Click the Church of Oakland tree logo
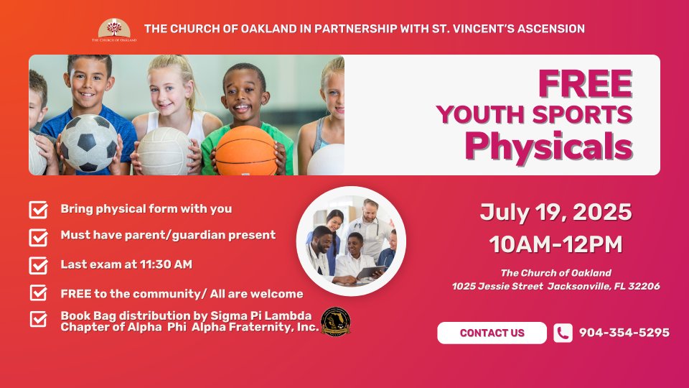[x=114, y=30]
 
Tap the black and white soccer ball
[x=89, y=143]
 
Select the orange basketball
[x=246, y=151]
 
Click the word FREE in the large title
[x=586, y=83]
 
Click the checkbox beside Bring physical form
[x=38, y=210]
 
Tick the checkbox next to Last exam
[x=38, y=265]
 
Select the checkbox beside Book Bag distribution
[x=38, y=319]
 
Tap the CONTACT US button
[x=492, y=333]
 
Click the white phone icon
[x=563, y=333]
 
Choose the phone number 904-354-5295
[x=624, y=333]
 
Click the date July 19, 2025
[x=556, y=213]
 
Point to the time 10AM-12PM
[x=556, y=244]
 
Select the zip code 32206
[x=645, y=287]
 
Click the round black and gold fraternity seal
[x=336, y=321]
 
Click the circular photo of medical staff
[x=351, y=241]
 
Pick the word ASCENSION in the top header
[x=551, y=29]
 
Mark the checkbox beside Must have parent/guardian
[x=38, y=238]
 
